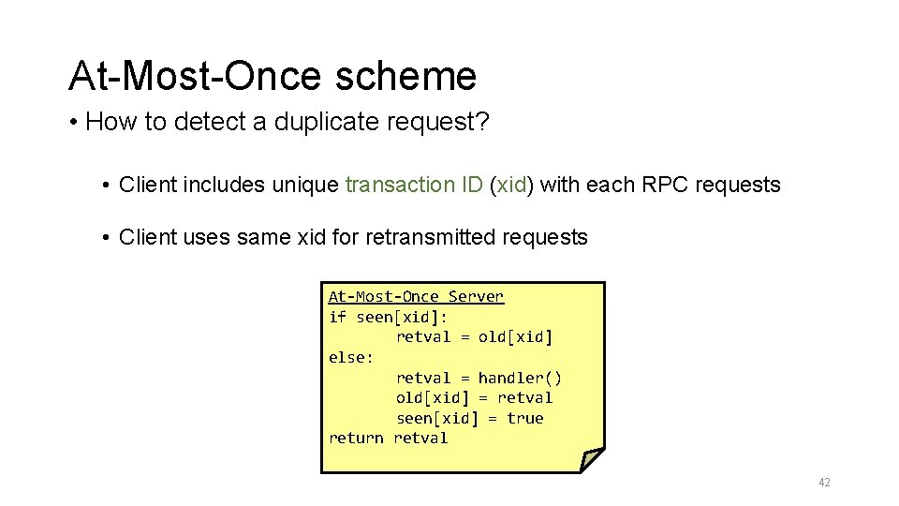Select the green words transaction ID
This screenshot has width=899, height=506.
[414, 185]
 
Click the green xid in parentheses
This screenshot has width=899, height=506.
[511, 185]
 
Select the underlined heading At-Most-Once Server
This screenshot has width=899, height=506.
[416, 296]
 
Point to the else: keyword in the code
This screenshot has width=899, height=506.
[351, 357]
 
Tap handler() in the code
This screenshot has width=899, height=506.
[520, 378]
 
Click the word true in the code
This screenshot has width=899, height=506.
[524, 418]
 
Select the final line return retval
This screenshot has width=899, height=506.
[388, 438]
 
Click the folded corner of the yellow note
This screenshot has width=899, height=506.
[591, 459]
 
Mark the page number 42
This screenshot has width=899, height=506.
[824, 483]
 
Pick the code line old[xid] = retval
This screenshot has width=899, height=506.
[474, 397]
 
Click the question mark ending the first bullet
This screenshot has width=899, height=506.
[482, 123]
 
